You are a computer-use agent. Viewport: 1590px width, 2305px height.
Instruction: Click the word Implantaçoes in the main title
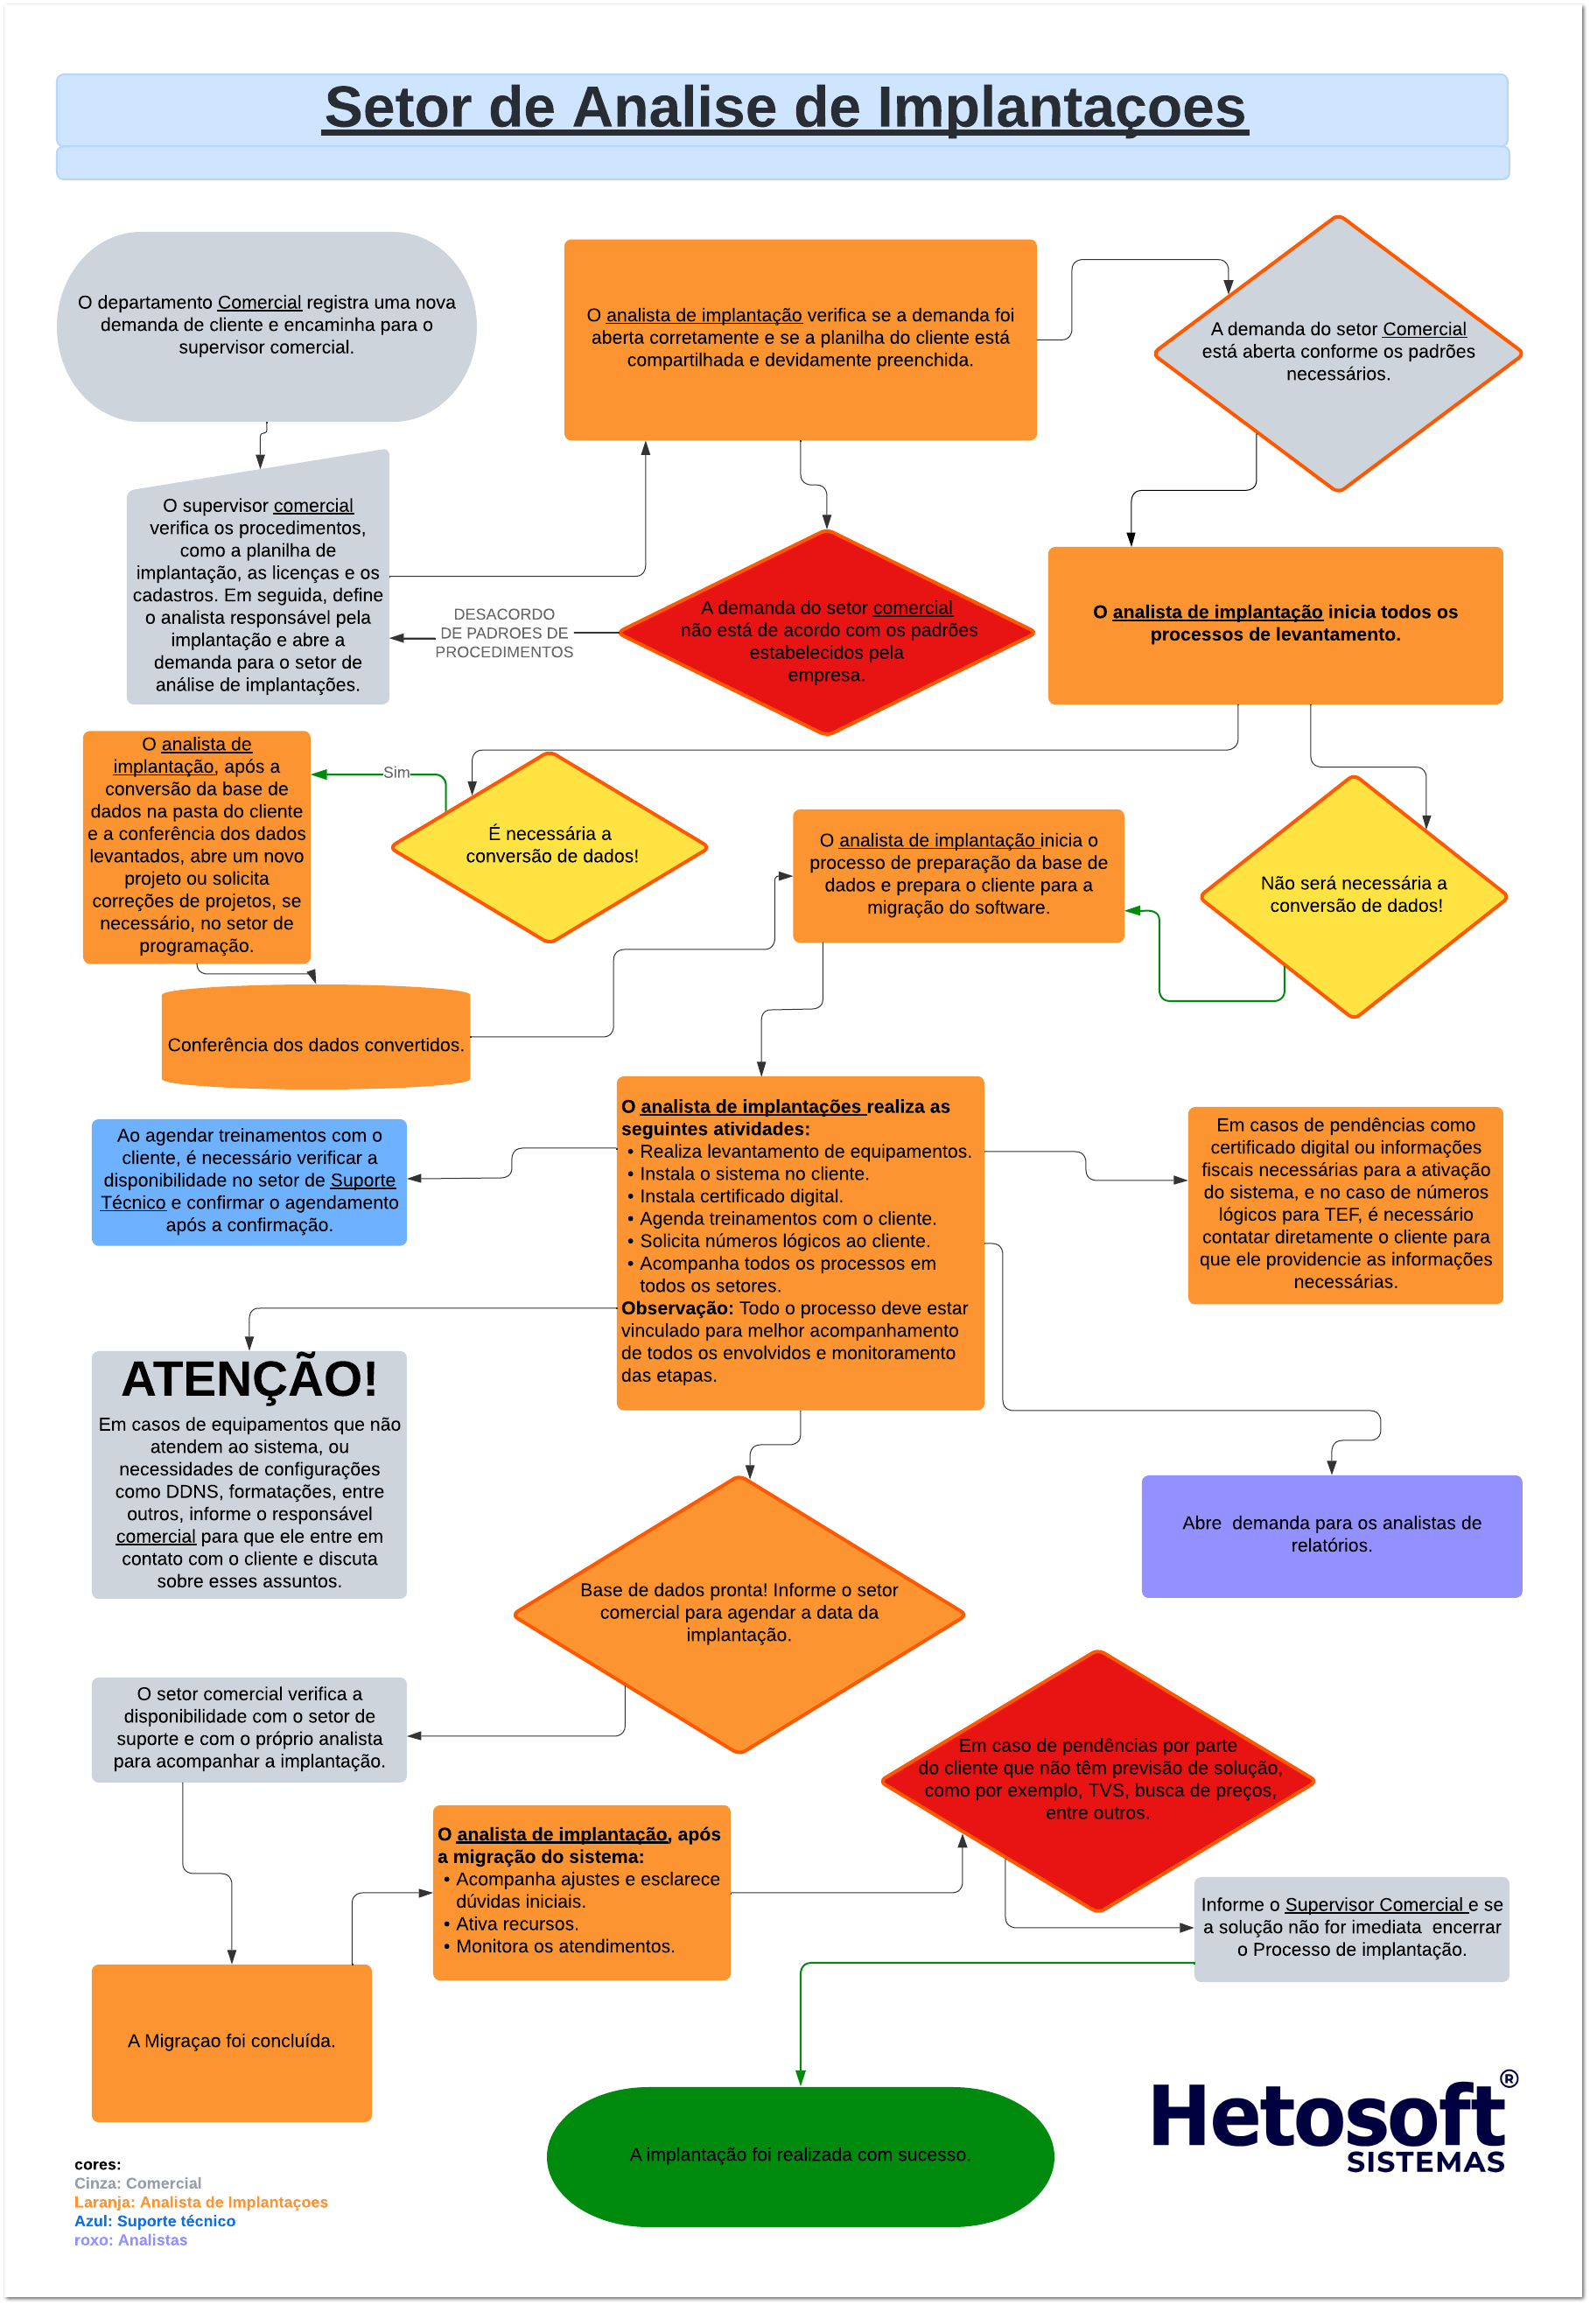pyautogui.click(x=1060, y=108)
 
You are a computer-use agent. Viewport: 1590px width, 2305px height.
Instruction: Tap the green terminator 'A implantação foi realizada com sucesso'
pyautogui.click(x=800, y=2155)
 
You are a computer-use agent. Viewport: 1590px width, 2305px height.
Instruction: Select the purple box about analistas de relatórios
pyautogui.click(x=1331, y=1535)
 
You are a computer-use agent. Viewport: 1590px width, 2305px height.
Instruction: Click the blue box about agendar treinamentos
pyautogui.click(x=249, y=1181)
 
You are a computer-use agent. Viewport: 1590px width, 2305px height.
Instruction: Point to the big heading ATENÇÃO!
pyautogui.click(x=249, y=1380)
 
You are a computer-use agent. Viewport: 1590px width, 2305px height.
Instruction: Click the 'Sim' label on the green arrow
pyautogui.click(x=396, y=773)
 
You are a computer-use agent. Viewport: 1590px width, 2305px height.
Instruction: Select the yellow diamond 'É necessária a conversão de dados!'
pyautogui.click(x=550, y=845)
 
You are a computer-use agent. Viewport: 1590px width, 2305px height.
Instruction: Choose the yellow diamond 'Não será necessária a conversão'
pyautogui.click(x=1353, y=895)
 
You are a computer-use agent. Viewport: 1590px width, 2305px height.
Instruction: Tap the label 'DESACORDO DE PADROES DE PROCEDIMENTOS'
pyautogui.click(x=504, y=634)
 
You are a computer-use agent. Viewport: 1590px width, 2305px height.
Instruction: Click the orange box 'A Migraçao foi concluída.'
pyautogui.click(x=231, y=2042)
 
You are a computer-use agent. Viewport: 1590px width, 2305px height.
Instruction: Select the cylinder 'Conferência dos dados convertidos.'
pyautogui.click(x=315, y=1045)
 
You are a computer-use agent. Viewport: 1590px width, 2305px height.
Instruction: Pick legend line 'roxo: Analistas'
pyautogui.click(x=130, y=2240)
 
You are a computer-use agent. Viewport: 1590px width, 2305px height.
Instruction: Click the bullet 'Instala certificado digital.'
pyautogui.click(x=740, y=1196)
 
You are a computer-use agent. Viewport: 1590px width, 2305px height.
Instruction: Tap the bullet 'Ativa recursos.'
pyautogui.click(x=516, y=1924)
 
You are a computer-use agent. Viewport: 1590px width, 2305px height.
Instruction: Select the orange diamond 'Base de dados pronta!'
pyautogui.click(x=739, y=1613)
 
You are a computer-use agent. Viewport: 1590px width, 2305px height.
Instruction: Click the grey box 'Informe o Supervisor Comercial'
pyautogui.click(x=1351, y=1928)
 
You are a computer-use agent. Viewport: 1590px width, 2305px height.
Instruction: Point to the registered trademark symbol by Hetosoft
pyautogui.click(x=1509, y=2079)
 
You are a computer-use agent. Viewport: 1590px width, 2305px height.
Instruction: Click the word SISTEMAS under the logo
pyautogui.click(x=1425, y=2162)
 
